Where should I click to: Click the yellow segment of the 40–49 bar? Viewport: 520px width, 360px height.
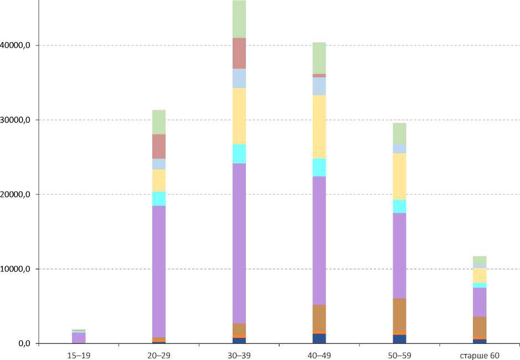319,127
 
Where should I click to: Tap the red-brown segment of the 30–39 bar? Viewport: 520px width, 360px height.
239,53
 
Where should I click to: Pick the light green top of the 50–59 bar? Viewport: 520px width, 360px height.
399,133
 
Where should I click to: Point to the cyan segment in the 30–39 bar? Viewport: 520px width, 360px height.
239,153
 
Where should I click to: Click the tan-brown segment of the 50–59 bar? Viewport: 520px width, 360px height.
399,315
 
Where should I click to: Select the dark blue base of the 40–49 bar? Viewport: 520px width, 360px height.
319,338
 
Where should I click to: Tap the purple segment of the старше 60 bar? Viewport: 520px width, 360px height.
480,302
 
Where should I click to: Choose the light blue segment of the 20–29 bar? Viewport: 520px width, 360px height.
158,164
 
